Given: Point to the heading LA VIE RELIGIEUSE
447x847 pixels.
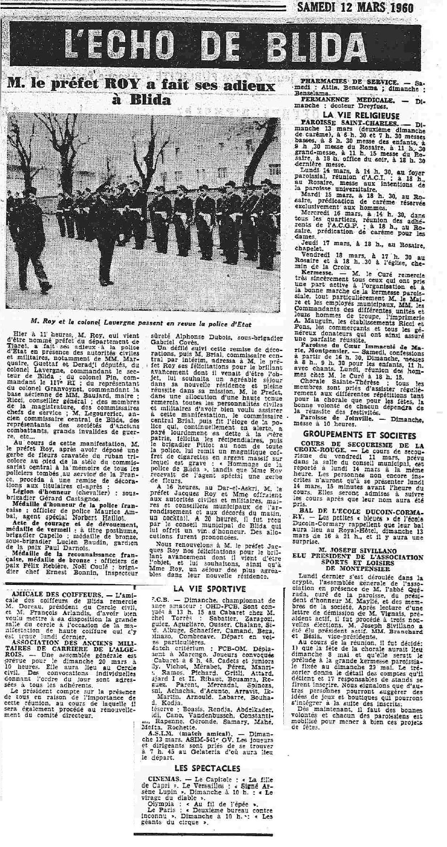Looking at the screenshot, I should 361,115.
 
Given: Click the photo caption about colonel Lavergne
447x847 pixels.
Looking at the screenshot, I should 141,324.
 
